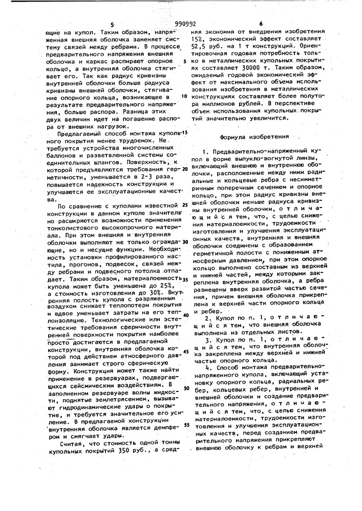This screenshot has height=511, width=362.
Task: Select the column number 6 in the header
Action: pyautogui.click(x=261, y=24)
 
